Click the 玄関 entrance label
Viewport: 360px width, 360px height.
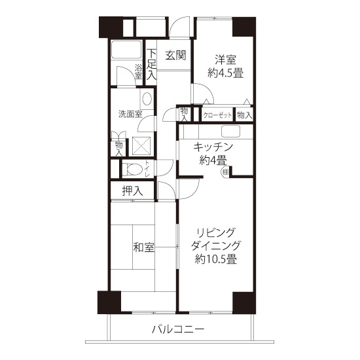pyautogui.click(x=175, y=56)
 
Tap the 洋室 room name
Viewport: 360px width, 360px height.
pyautogui.click(x=225, y=60)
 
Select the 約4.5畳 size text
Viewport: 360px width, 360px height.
pyautogui.click(x=225, y=73)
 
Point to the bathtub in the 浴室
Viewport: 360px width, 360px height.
pyautogui.click(x=126, y=50)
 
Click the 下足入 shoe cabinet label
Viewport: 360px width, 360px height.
pyautogui.click(x=152, y=65)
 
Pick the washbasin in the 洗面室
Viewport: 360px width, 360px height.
pyautogui.click(x=147, y=99)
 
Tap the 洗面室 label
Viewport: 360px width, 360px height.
pyautogui.click(x=130, y=114)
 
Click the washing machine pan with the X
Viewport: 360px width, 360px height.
pyautogui.click(x=141, y=146)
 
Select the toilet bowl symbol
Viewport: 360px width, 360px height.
pyautogui.click(x=132, y=170)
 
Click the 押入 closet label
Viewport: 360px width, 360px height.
pyautogui.click(x=132, y=190)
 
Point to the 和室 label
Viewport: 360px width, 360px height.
pyautogui.click(x=144, y=247)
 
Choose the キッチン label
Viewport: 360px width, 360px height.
pyautogui.click(x=213, y=147)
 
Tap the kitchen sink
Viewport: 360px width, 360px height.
pyautogui.click(x=230, y=132)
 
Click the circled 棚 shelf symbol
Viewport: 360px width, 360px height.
pyautogui.click(x=225, y=171)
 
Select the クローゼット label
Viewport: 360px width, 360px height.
pyautogui.click(x=217, y=115)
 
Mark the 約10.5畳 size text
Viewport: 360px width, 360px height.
pyautogui.click(x=216, y=259)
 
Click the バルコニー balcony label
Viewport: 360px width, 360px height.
pyautogui.click(x=178, y=330)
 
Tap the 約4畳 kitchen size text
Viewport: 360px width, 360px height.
pyautogui.click(x=213, y=160)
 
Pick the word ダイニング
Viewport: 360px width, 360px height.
pyautogui.click(x=216, y=245)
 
